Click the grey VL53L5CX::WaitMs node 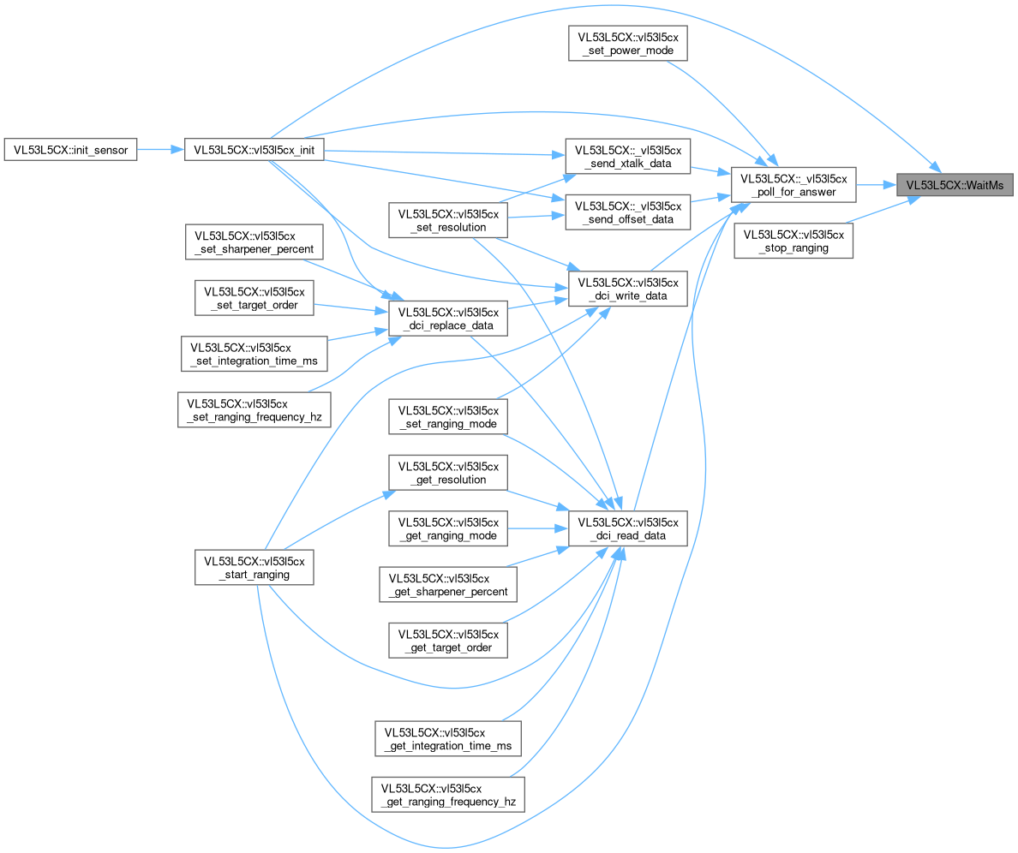tap(955, 185)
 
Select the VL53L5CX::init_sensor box tap(71, 150)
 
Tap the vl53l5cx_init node tap(254, 150)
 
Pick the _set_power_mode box tap(628, 44)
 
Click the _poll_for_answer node tap(793, 185)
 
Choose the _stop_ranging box tap(793, 241)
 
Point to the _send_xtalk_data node tap(628, 157)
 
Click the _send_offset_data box tap(628, 212)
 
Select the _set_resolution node tap(448, 220)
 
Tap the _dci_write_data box tap(628, 289)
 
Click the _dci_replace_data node tap(448, 319)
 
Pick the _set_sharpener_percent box tap(254, 242)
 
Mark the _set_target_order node tap(254, 298)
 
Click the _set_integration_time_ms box tap(254, 354)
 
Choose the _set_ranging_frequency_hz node tap(254, 409)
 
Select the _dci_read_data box tap(628, 528)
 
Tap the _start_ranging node tap(254, 568)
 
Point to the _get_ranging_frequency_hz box tap(448, 795)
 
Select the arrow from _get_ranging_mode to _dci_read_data tap(537, 528)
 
